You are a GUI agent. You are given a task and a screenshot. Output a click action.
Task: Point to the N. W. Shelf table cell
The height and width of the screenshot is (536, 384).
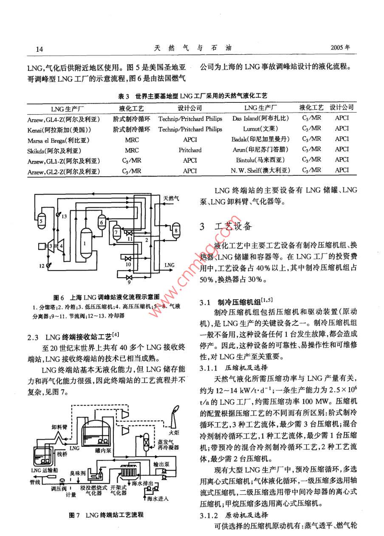coord(260,170)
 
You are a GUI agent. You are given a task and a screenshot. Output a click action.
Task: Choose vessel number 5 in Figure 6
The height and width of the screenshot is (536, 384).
coord(41,220)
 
